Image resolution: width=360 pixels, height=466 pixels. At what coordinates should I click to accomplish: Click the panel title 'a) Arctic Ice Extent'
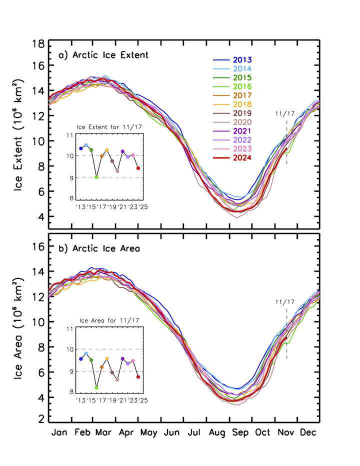[103, 55]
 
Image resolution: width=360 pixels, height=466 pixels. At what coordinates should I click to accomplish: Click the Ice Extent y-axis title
[19, 134]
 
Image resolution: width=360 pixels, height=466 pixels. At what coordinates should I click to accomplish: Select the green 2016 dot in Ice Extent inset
[96, 177]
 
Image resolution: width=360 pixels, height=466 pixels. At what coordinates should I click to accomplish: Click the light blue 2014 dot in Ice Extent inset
[86, 145]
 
